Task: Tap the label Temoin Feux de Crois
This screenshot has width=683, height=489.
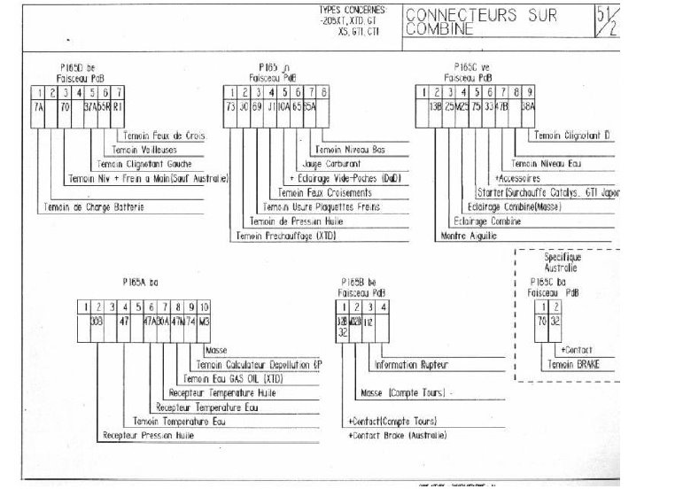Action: (x=152, y=136)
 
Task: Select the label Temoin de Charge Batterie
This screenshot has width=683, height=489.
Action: (x=92, y=207)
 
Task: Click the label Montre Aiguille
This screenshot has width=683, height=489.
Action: (x=468, y=236)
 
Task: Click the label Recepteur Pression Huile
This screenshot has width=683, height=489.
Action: (x=149, y=436)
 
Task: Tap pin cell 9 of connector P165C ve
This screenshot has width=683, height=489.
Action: (x=529, y=91)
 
